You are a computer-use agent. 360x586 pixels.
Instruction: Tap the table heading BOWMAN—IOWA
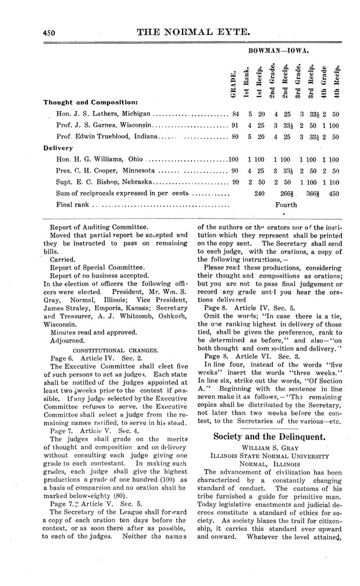(x=278, y=51)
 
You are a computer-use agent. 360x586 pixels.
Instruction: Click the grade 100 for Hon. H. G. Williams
(x=234, y=159)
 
